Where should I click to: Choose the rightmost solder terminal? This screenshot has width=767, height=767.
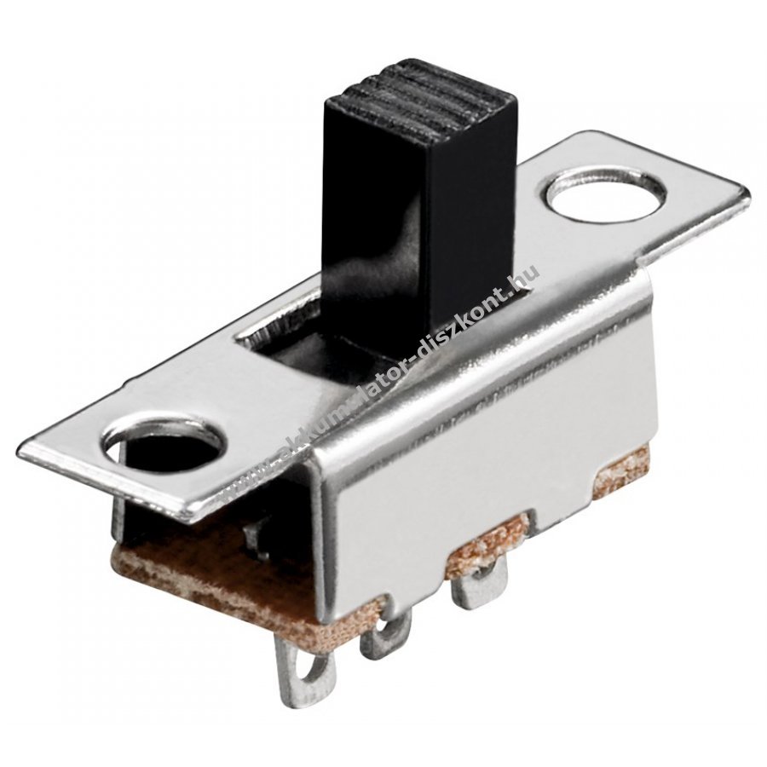point(478,585)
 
